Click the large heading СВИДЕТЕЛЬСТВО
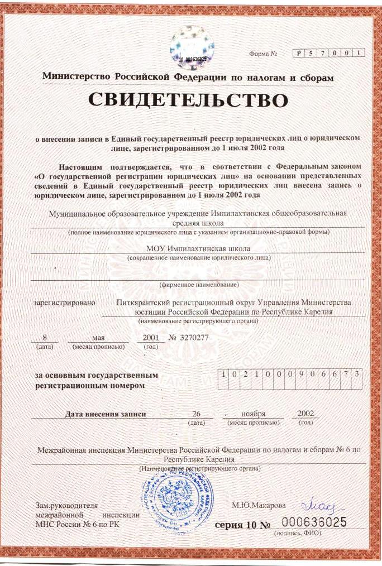188,100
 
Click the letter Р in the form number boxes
300,53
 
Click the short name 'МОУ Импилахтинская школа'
198,248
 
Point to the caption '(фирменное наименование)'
198,284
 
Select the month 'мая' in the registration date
98,338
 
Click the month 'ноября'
253,414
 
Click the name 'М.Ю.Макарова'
258,505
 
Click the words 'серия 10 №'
243,526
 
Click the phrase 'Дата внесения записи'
106,414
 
